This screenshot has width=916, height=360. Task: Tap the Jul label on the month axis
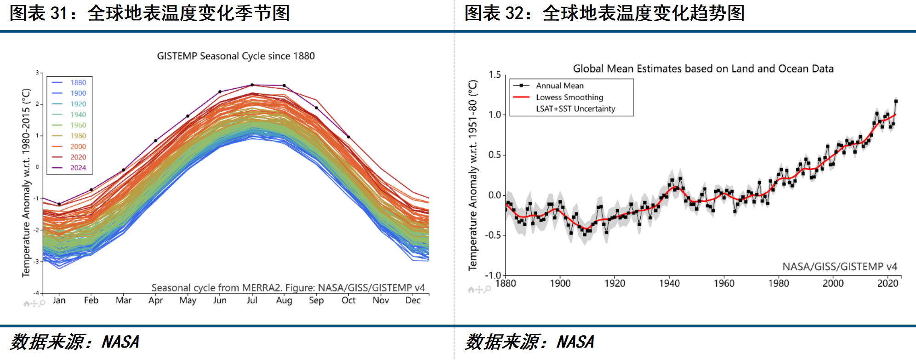(252, 300)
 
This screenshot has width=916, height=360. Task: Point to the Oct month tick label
(348, 300)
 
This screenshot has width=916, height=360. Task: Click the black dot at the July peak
(252, 85)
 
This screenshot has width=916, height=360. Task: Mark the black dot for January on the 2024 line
(59, 204)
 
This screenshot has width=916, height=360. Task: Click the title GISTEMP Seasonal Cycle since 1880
(236, 56)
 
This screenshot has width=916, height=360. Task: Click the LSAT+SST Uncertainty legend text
(575, 109)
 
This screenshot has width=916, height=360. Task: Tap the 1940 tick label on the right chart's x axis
(669, 283)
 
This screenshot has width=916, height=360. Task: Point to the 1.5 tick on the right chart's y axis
(495, 74)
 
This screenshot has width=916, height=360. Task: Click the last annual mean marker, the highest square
(896, 102)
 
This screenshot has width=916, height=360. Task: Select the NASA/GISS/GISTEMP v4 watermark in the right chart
(840, 267)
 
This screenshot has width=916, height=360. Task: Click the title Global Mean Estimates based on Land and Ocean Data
(703, 69)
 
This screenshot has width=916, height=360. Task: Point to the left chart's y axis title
(26, 183)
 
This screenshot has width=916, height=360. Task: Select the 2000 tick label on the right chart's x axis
(833, 283)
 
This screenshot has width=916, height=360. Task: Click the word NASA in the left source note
(120, 342)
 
